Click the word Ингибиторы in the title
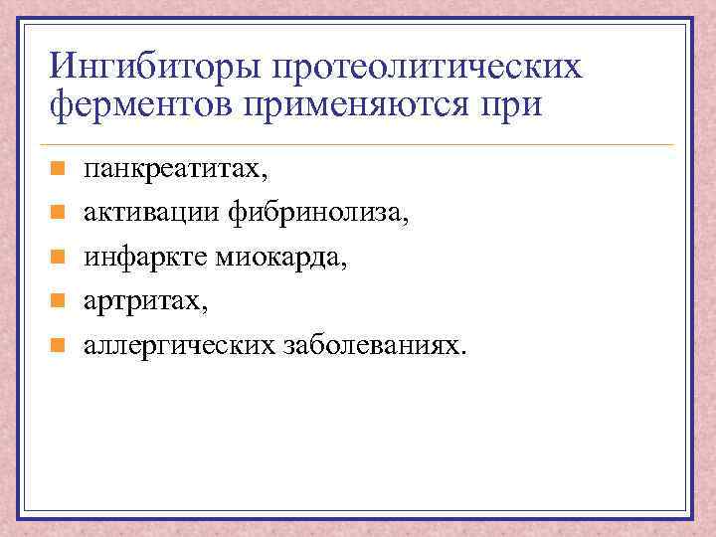click(x=149, y=68)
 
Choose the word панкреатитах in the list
click(x=172, y=170)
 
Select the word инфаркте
click(x=142, y=258)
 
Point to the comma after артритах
click(x=205, y=308)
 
